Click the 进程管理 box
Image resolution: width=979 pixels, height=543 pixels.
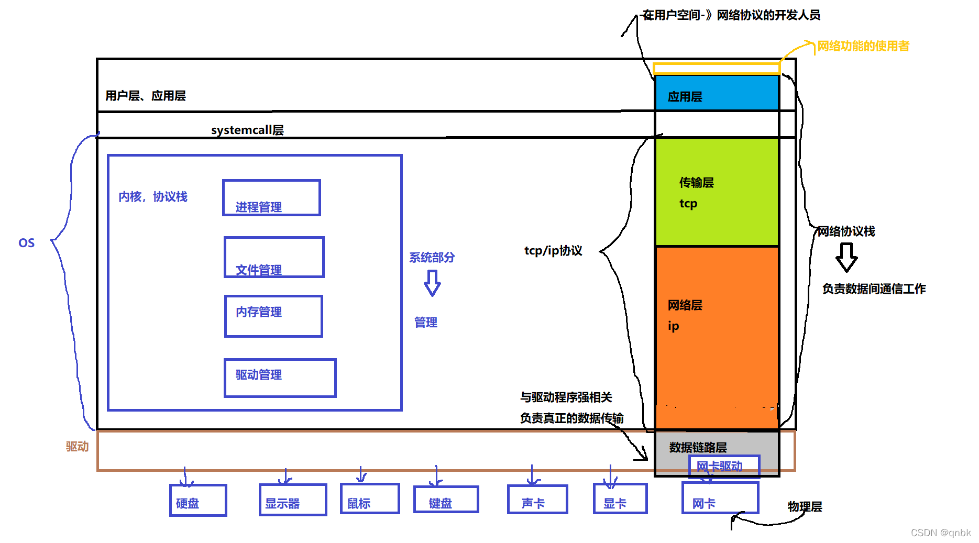[271, 198]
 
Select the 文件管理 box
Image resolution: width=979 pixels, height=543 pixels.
[274, 257]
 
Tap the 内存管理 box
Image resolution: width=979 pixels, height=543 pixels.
[273, 316]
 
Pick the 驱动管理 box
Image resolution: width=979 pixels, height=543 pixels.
[280, 378]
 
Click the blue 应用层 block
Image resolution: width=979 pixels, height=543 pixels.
[717, 93]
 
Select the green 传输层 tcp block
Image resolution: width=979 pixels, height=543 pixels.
[717, 192]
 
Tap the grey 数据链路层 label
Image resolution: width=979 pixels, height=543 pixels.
[698, 447]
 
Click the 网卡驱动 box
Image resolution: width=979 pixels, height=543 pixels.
[723, 466]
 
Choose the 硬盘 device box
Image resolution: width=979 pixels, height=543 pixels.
[198, 500]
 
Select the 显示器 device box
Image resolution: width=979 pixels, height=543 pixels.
[293, 500]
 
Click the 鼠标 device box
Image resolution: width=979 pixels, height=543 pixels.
[370, 498]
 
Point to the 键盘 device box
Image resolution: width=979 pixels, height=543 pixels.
[446, 500]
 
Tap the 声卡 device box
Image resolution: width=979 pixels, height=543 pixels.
[537, 499]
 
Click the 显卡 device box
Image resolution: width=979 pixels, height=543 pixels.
[620, 498]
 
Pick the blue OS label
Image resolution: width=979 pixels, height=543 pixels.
[27, 243]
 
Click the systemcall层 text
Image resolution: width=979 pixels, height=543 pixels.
[247, 130]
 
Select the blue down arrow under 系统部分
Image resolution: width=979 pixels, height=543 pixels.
[432, 283]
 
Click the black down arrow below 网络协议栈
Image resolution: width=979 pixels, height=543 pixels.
[846, 258]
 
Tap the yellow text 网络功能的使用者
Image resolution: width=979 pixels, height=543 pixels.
[863, 46]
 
